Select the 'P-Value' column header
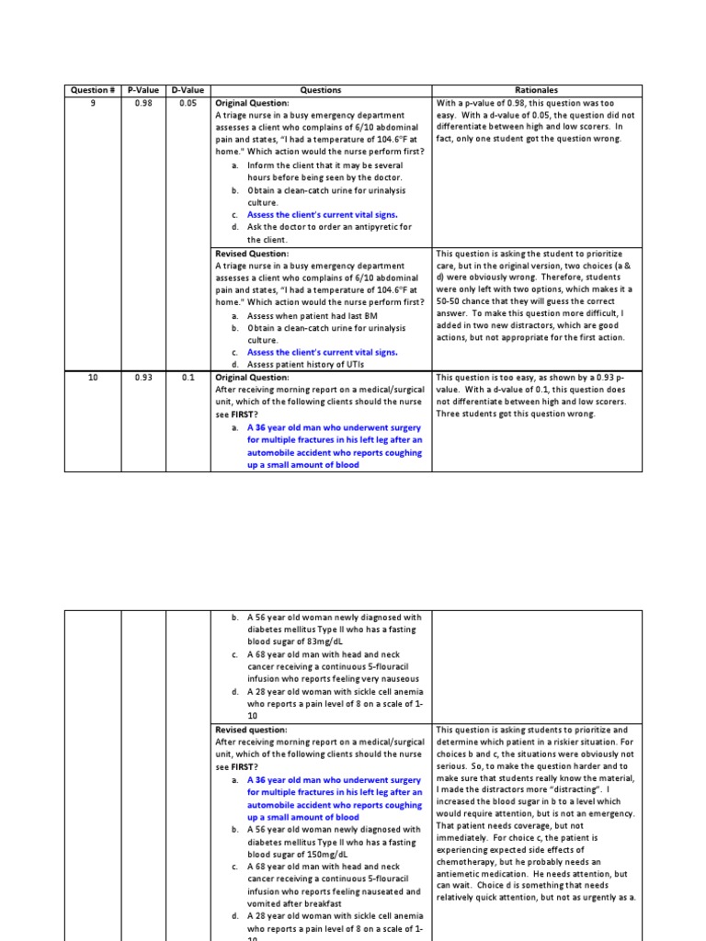pyautogui.click(x=142, y=90)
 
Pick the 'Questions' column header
pyautogui.click(x=321, y=90)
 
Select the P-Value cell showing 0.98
pyautogui.click(x=142, y=103)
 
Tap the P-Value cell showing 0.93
pyautogui.click(x=142, y=377)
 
